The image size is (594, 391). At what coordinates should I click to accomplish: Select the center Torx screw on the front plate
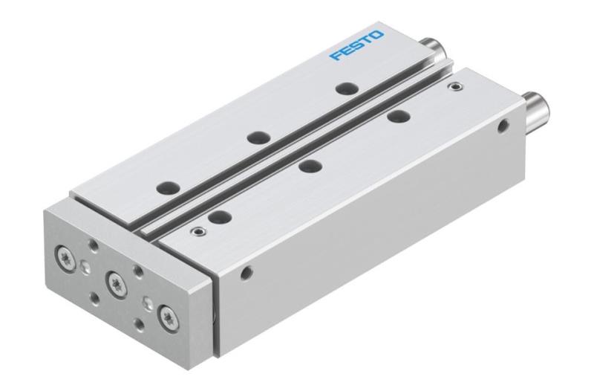pos(116,282)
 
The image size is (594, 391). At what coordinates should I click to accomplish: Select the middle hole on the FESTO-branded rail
pos(258,138)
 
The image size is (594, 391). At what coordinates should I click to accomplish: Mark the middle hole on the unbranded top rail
pos(310,167)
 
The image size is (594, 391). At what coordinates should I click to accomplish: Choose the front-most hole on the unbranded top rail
pos(218,218)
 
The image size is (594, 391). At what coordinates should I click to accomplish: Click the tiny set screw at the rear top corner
pos(454,88)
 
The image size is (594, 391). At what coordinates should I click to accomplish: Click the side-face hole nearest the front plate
pos(247,272)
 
